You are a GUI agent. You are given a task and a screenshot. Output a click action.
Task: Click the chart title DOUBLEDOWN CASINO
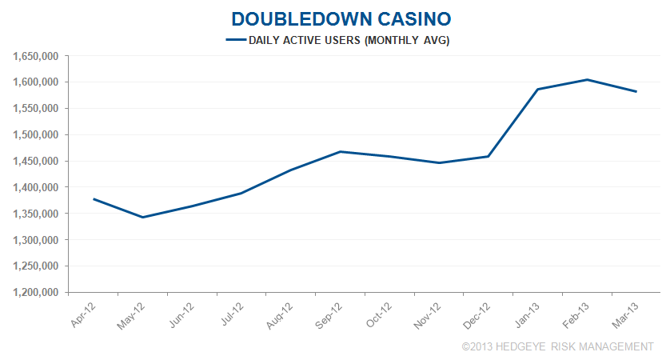[335, 18]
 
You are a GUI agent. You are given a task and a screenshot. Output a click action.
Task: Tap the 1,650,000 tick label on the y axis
[37, 56]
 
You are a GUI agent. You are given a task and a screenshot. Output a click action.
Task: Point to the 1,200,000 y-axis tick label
[37, 293]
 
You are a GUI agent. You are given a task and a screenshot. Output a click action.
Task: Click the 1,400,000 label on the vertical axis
[37, 187]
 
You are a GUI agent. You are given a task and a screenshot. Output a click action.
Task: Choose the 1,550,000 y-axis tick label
[37, 109]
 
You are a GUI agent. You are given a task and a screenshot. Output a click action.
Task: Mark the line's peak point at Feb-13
[587, 79]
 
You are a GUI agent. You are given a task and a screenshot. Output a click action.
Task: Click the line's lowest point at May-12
[143, 217]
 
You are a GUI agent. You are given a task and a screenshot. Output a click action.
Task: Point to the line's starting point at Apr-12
[94, 198]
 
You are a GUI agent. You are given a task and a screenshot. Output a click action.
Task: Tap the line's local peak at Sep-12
[341, 151]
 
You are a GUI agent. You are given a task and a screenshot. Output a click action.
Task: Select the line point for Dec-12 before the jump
[489, 156]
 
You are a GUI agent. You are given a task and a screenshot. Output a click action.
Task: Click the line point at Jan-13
[537, 90]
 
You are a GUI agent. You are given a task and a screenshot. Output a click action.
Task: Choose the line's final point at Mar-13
[636, 91]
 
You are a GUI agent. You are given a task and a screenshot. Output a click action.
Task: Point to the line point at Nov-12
[439, 162]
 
